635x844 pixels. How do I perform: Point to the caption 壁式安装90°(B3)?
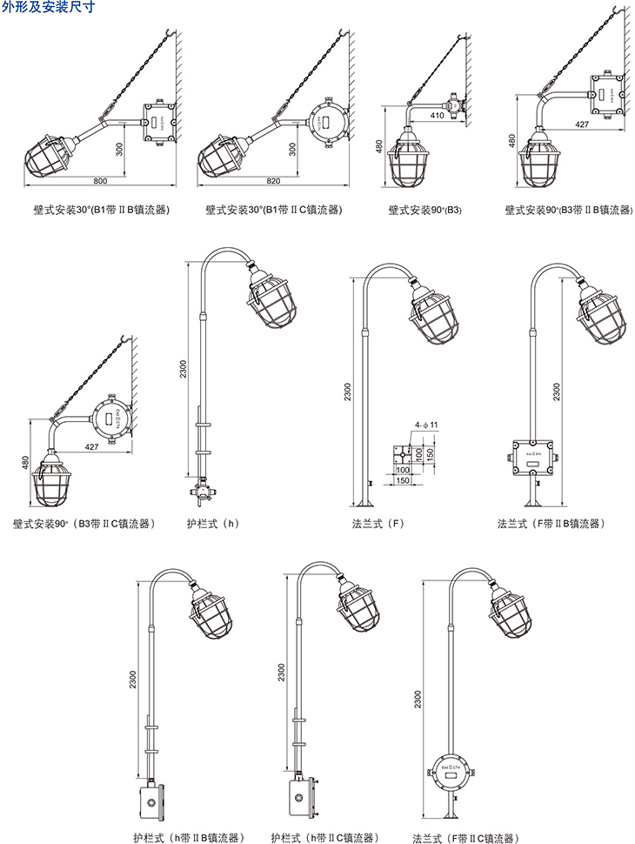[424, 210]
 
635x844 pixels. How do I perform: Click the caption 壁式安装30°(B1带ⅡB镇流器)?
[97, 210]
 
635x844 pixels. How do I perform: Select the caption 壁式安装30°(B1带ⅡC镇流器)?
[273, 210]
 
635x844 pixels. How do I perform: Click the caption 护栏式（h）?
[213, 524]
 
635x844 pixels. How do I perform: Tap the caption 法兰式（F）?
[378, 524]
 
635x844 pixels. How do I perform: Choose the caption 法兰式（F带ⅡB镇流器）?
[551, 524]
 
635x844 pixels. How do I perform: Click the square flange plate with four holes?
[402, 454]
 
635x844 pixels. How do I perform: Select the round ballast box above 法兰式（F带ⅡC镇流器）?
[451, 768]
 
